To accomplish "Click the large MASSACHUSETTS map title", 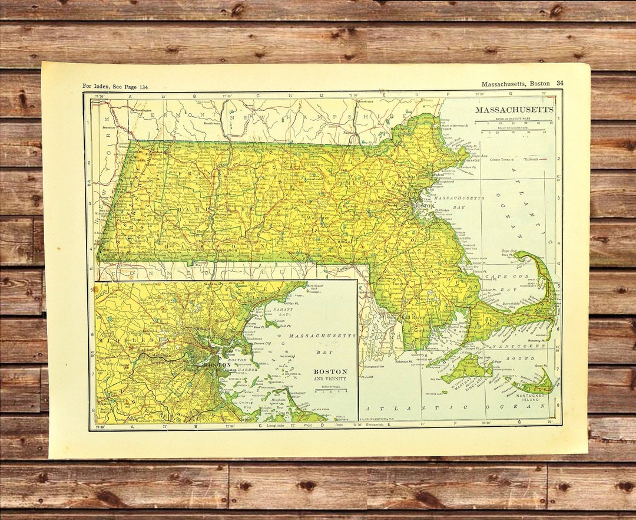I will pyautogui.click(x=514, y=110).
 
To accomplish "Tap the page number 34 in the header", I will pyautogui.click(x=559, y=83).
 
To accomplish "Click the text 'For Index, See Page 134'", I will pyautogui.click(x=115, y=87).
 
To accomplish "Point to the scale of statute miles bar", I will pyautogui.click(x=514, y=121).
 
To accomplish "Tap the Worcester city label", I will pyautogui.click(x=319, y=219).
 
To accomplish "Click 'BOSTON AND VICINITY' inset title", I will pyautogui.click(x=330, y=374).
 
